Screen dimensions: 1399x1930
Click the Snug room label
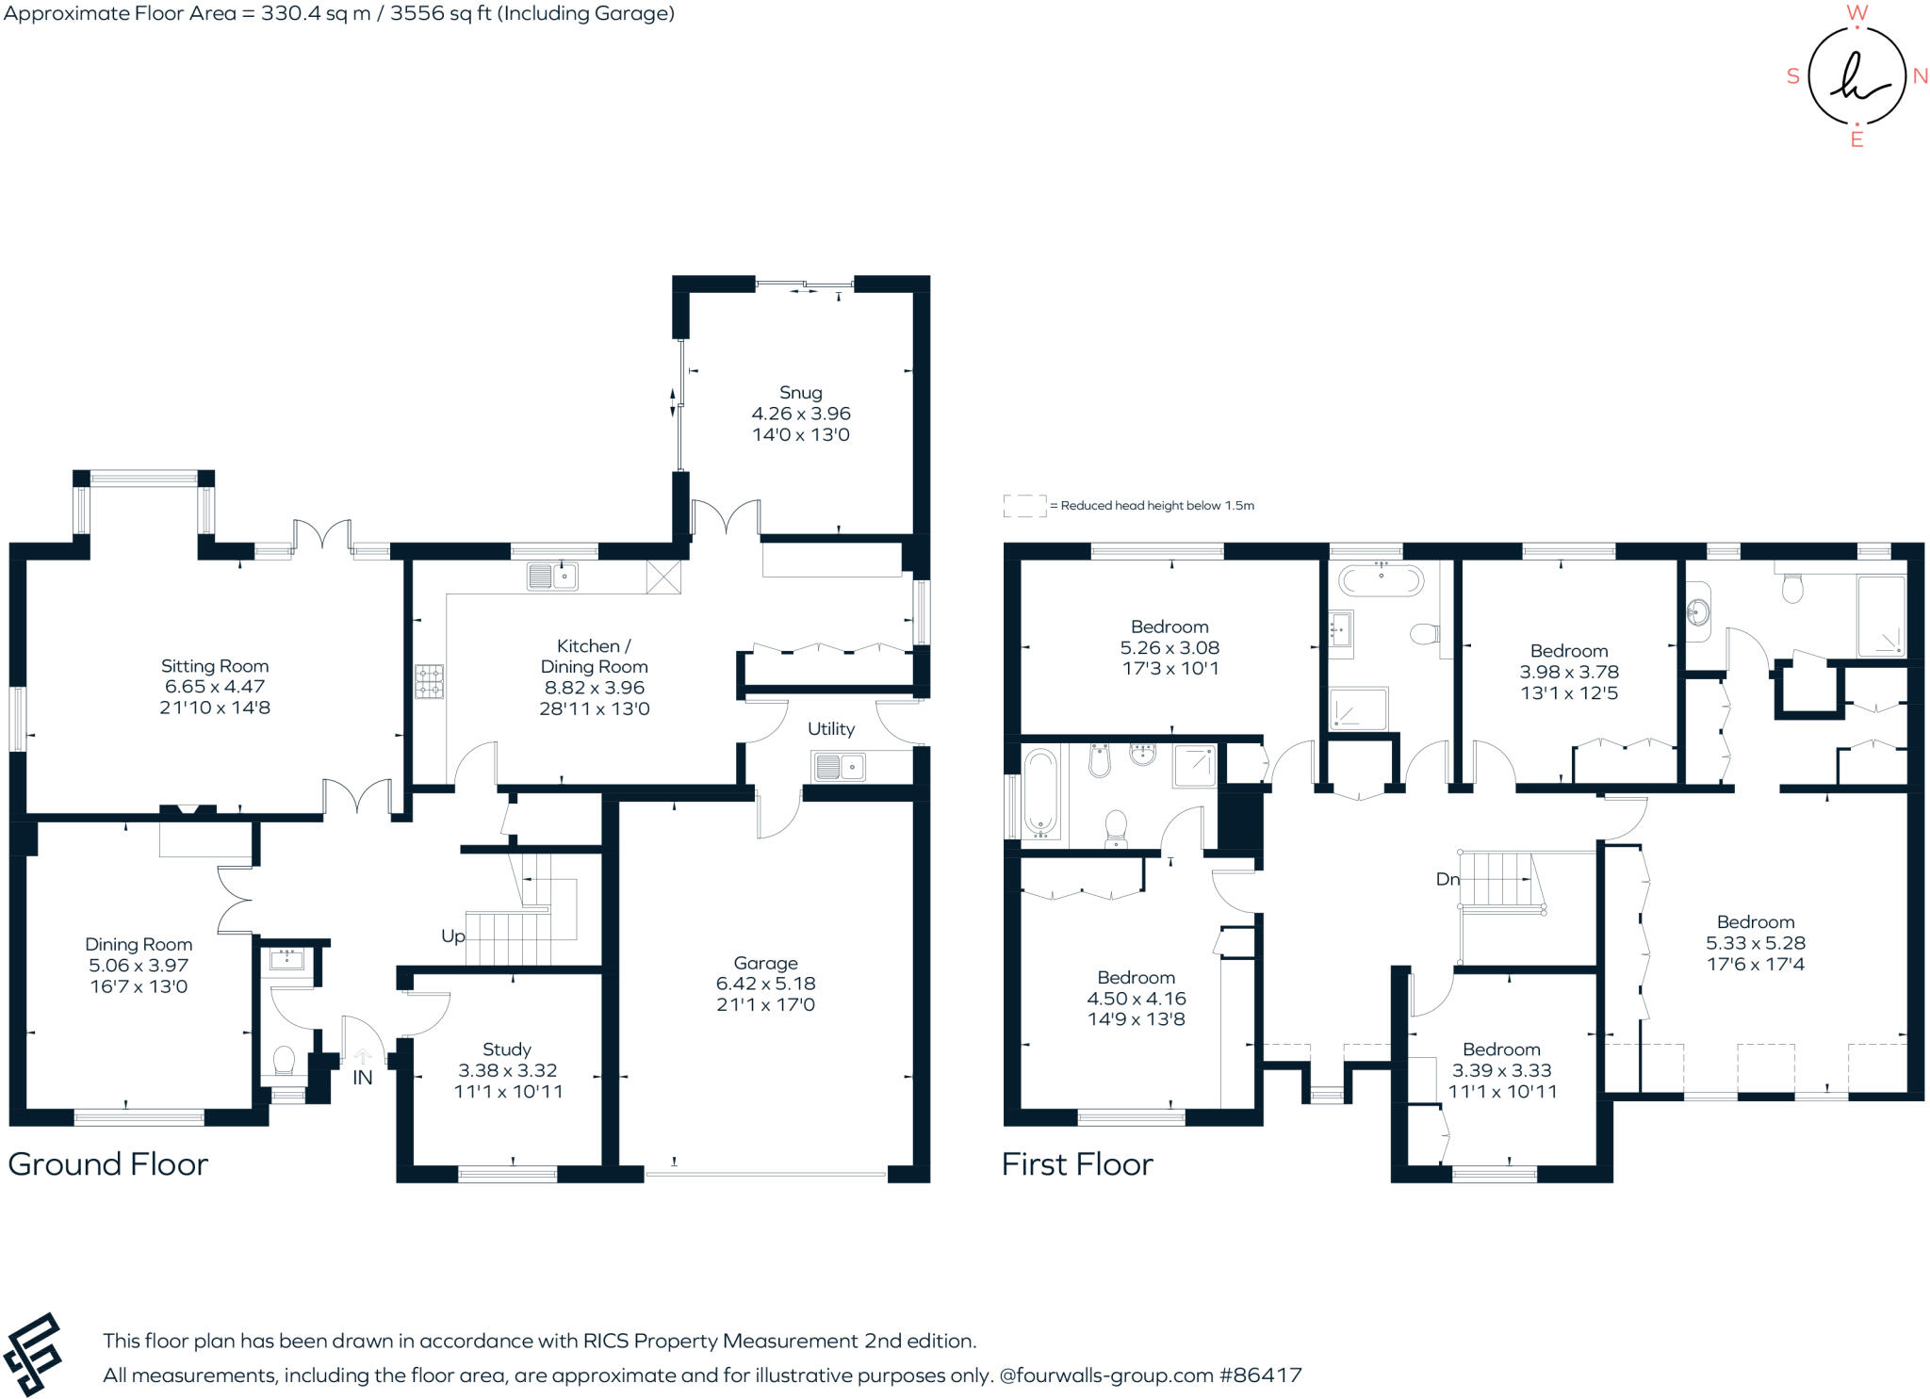[800, 393]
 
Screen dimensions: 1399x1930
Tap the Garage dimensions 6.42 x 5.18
[765, 984]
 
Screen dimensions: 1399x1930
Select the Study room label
[507, 1049]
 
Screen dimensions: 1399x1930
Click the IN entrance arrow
[363, 1058]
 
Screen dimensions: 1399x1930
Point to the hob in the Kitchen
[430, 681]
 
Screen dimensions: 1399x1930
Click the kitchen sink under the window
[552, 576]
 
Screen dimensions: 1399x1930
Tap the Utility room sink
[839, 767]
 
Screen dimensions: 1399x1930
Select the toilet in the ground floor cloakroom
[284, 1062]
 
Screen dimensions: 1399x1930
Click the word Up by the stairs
[453, 936]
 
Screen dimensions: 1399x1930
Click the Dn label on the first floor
[1447, 879]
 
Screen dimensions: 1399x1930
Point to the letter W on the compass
[1856, 13]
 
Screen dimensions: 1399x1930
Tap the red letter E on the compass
[1856, 140]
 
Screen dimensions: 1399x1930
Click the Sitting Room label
[215, 666]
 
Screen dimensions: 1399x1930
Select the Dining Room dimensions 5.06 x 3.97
[139, 966]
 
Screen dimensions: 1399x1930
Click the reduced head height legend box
[1024, 506]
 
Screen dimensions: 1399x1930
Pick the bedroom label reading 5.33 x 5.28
[1755, 943]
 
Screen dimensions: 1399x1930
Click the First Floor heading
[1077, 1164]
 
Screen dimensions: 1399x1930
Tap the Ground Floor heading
[107, 1164]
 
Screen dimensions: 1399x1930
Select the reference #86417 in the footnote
[1260, 1375]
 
